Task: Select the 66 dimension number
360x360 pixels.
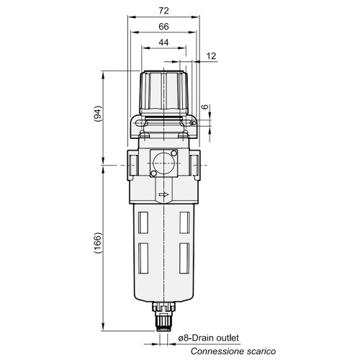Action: click(x=165, y=27)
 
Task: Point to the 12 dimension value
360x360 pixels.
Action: click(x=210, y=55)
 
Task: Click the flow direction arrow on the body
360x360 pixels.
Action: click(x=165, y=194)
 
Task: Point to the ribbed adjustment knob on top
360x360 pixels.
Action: click(x=165, y=90)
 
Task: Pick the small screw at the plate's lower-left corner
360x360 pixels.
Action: click(x=153, y=174)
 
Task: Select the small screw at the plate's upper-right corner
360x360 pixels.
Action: click(x=179, y=152)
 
